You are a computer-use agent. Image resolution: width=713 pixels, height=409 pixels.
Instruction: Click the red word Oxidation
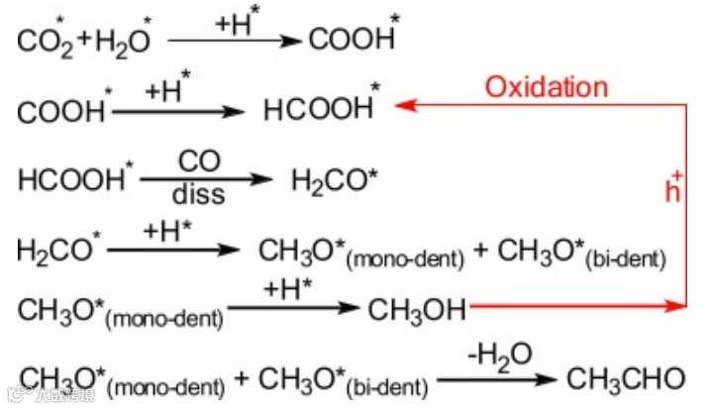(x=546, y=86)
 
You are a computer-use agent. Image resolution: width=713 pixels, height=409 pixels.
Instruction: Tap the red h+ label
(x=674, y=189)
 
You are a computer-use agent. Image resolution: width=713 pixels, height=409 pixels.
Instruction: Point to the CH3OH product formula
(x=417, y=310)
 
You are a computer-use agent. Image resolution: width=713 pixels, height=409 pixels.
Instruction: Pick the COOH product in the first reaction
(x=353, y=40)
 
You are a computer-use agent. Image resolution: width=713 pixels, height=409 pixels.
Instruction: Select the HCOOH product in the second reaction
(x=320, y=109)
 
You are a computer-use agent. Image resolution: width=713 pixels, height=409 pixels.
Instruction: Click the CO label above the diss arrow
(x=197, y=159)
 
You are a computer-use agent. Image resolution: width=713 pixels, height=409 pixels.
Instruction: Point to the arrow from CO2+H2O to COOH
(x=234, y=41)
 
